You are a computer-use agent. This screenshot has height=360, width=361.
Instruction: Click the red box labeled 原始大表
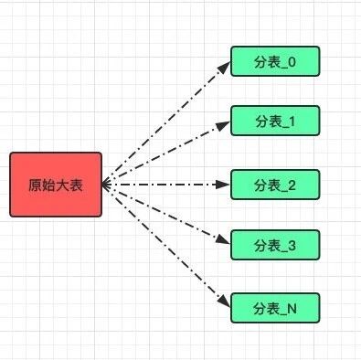(56, 185)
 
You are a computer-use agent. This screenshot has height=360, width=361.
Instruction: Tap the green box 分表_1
(274, 122)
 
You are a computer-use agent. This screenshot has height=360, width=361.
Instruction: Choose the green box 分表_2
(274, 184)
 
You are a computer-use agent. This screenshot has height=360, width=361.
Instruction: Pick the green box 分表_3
(274, 245)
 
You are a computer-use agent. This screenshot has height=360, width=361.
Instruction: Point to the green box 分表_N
(274, 308)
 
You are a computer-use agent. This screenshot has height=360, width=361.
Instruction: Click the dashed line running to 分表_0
(165, 122)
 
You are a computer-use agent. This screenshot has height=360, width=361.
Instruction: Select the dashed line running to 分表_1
(165, 153)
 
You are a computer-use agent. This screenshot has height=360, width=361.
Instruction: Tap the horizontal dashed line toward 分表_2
(165, 185)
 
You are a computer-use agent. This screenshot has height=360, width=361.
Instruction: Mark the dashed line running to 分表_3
(165, 215)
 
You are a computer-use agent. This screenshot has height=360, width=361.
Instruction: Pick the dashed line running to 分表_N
(165, 245)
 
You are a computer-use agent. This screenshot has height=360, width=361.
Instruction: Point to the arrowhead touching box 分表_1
(224, 124)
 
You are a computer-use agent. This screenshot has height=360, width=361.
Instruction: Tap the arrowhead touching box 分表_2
(225, 185)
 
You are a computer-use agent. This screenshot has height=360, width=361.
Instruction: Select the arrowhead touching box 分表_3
(224, 243)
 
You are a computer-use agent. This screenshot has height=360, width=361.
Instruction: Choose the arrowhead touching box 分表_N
(224, 303)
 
